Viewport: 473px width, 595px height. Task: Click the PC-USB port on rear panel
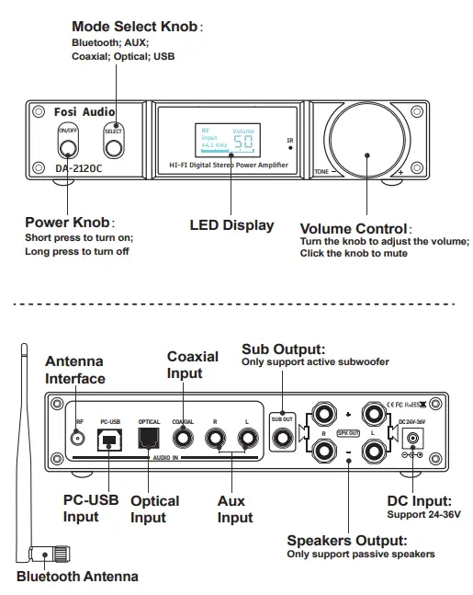[109, 441]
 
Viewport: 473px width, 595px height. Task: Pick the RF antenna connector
[79, 440]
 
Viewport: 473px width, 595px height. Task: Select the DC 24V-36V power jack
[412, 441]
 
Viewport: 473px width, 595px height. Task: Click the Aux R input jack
[216, 440]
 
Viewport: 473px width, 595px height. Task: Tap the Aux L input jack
[246, 440]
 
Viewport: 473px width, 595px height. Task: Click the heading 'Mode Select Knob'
[134, 28]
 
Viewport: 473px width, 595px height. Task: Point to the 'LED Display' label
[231, 224]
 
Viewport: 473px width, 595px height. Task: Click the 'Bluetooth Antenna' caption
[77, 577]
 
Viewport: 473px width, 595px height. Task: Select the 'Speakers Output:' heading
[345, 541]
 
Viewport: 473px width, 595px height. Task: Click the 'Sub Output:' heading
[283, 349]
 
